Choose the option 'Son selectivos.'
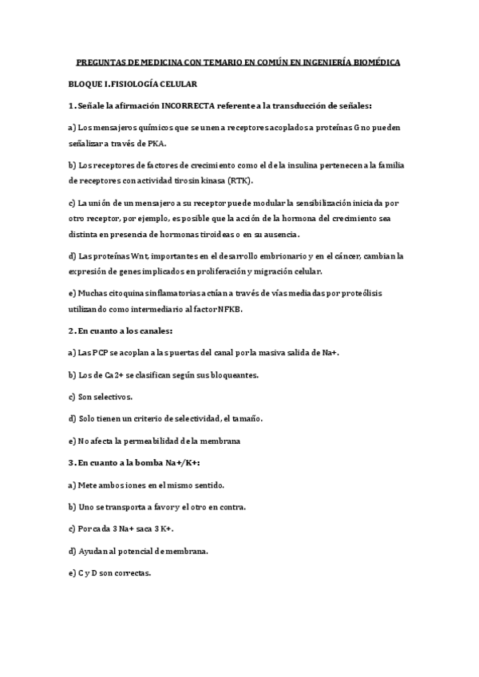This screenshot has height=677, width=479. click(101, 396)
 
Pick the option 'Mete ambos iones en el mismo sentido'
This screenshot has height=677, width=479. click(146, 485)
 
